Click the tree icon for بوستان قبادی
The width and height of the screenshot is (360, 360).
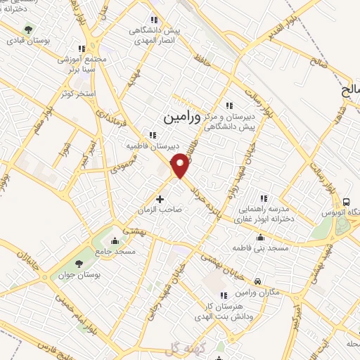(x=28, y=29)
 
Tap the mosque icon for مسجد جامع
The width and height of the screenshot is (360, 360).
(x=115, y=242)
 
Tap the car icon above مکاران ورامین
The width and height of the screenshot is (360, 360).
(x=258, y=281)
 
